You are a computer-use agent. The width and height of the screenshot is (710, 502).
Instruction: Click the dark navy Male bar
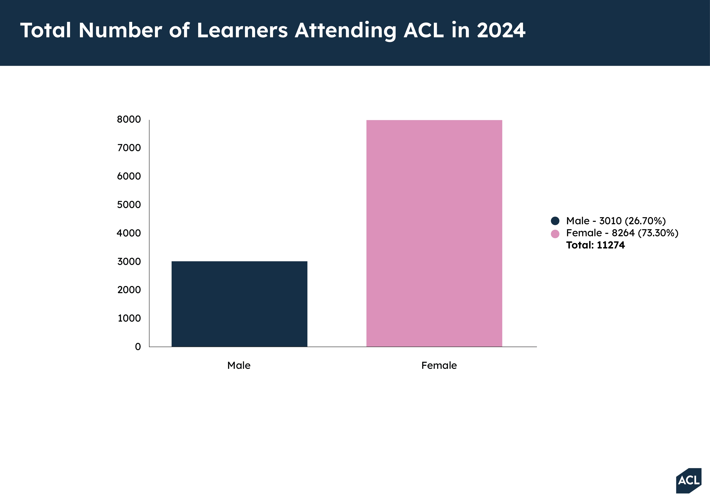tap(239, 304)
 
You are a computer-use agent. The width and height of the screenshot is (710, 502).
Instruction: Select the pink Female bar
tap(434, 233)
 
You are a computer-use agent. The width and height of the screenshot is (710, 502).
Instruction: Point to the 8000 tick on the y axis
tap(129, 119)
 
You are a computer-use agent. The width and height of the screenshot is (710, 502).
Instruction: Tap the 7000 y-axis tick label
tap(129, 148)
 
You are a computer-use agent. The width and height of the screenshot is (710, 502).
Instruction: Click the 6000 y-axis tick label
tap(129, 176)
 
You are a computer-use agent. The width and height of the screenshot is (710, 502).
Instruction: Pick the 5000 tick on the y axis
tap(129, 205)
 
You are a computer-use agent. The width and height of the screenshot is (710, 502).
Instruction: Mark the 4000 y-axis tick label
tap(129, 233)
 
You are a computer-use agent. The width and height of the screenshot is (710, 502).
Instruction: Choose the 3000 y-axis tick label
tap(129, 262)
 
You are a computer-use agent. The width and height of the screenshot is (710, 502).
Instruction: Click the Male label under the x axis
tap(239, 365)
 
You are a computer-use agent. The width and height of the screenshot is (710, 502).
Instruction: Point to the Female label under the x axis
tap(439, 365)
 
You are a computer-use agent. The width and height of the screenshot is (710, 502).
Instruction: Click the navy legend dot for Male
tap(555, 221)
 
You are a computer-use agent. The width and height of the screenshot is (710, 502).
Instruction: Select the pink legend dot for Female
tap(555, 234)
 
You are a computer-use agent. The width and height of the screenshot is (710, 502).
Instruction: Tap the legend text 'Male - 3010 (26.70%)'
tap(616, 221)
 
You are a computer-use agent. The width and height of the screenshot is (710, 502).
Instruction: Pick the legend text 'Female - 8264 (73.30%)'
tap(622, 233)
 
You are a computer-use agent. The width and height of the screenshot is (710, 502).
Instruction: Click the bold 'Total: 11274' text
tap(595, 245)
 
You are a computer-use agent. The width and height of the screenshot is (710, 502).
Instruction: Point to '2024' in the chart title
tap(501, 30)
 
